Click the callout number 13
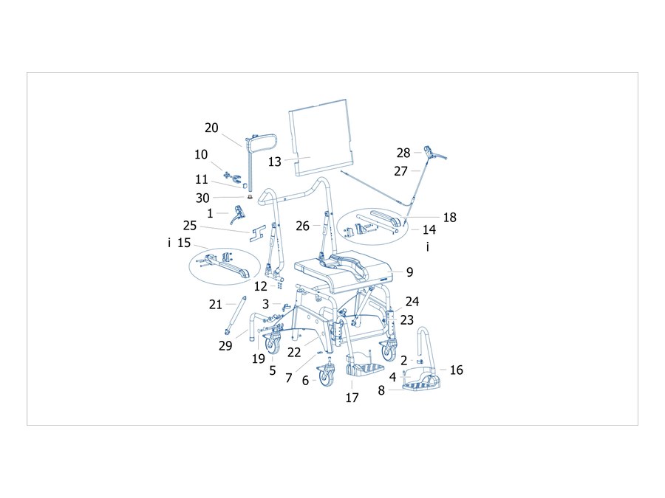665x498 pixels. pyautogui.click(x=274, y=162)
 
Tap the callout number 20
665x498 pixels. pyautogui.click(x=211, y=128)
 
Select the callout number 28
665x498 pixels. pyautogui.click(x=403, y=153)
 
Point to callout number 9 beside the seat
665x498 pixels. pyautogui.click(x=409, y=272)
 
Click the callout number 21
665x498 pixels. pyautogui.click(x=216, y=305)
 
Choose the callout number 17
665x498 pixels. pyautogui.click(x=352, y=398)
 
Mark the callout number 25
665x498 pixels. pyautogui.click(x=190, y=226)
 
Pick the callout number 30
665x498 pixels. pyautogui.click(x=202, y=198)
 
